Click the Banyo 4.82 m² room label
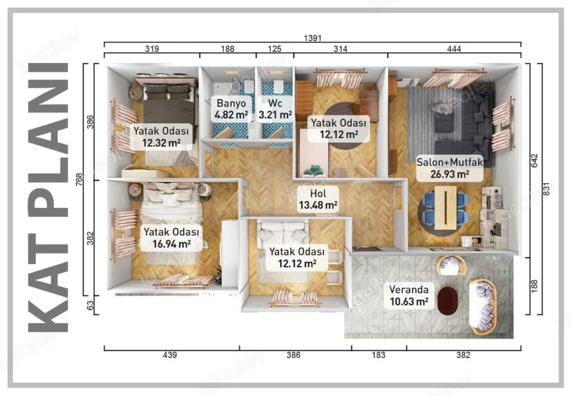click(x=231, y=109)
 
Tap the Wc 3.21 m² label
click(x=275, y=109)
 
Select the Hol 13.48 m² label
click(x=318, y=199)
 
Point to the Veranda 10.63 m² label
click(x=409, y=295)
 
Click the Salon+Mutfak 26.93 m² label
click(x=450, y=168)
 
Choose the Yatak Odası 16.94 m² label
click(x=171, y=238)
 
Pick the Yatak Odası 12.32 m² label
click(x=161, y=137)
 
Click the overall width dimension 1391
click(x=313, y=38)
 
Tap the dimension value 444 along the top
click(x=454, y=49)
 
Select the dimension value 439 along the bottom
click(x=170, y=355)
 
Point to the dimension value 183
click(x=378, y=355)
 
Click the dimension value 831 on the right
click(x=546, y=189)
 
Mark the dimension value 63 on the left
click(x=90, y=305)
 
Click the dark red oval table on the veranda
click(x=447, y=301)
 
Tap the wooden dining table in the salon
click(x=445, y=208)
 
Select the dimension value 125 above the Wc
click(x=275, y=49)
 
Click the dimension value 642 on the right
click(x=535, y=161)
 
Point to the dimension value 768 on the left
click(x=79, y=179)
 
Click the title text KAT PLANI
click(x=48, y=197)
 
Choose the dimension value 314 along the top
click(x=340, y=49)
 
